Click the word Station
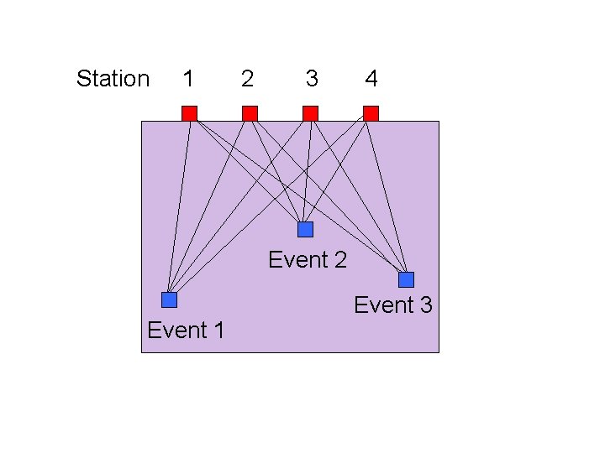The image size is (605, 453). [x=113, y=79]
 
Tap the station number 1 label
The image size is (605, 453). [x=188, y=79]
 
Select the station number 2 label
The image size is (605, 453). [x=247, y=79]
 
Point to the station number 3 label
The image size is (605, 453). [x=312, y=79]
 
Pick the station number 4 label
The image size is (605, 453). [x=371, y=79]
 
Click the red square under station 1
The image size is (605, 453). [x=190, y=113]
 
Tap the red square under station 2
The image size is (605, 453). [x=250, y=113]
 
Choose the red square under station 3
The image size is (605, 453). [x=310, y=113]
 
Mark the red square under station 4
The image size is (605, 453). [x=371, y=113]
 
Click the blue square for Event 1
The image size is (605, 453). [x=170, y=299]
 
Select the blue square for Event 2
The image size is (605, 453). [x=305, y=229]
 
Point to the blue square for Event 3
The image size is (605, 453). [x=407, y=279]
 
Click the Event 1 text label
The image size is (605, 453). [x=186, y=331]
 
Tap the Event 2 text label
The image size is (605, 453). [x=308, y=260]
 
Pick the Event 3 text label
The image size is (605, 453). [x=393, y=305]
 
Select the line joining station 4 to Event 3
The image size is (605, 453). [x=389, y=196]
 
